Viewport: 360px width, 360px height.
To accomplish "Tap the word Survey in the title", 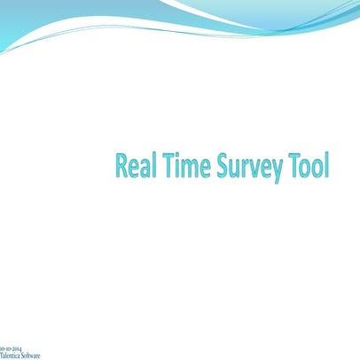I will point(244,167).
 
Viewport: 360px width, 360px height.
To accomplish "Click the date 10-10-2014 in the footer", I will point(12,347).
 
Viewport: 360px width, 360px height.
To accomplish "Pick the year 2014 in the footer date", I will point(17,347).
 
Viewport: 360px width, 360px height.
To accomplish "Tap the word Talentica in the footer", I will point(11,354).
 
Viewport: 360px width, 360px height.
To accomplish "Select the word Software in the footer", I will point(31,354).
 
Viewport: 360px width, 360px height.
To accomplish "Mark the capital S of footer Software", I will point(24,354).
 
